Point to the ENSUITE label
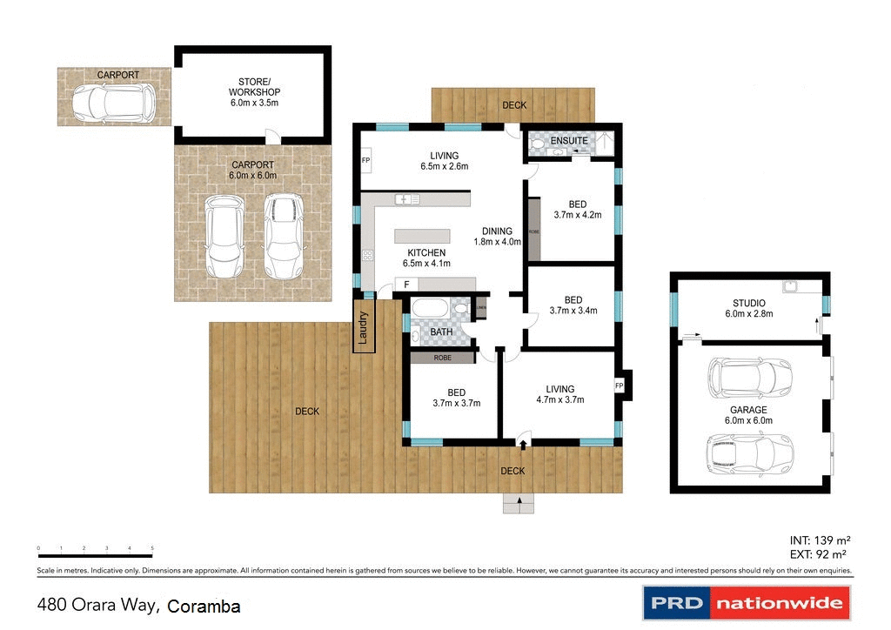[569, 140]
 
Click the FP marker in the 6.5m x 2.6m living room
[365, 162]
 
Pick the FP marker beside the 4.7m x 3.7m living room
[620, 385]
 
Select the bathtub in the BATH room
[429, 310]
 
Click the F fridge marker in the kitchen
[405, 285]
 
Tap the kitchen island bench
[422, 236]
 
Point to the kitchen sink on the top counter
[406, 199]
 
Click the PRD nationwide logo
[746, 602]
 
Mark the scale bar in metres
[95, 554]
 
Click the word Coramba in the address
[204, 607]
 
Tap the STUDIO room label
[749, 303]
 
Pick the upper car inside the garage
[749, 377]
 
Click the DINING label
[498, 231]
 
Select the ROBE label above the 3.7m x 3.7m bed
[441, 357]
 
